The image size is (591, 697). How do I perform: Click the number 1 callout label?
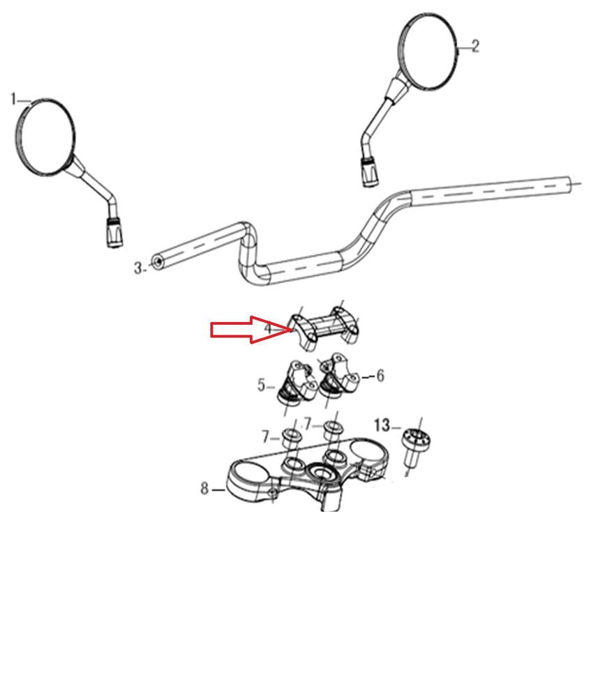click(x=13, y=99)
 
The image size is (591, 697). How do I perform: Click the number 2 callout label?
click(x=475, y=46)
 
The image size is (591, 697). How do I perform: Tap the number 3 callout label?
click(x=138, y=268)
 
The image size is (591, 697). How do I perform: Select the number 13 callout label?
click(x=382, y=425)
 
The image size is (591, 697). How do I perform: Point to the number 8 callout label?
click(x=204, y=488)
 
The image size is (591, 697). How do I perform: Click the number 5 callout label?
click(x=262, y=385)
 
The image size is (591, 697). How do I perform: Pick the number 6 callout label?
click(x=380, y=376)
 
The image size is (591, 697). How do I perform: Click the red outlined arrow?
click(x=251, y=330)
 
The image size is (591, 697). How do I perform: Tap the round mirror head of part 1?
click(x=45, y=136)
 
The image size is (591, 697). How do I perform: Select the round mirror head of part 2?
click(x=428, y=52)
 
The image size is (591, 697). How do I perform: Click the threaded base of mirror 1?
click(x=114, y=231)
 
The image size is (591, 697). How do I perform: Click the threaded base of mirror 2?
click(x=369, y=171)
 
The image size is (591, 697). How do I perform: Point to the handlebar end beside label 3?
click(x=157, y=262)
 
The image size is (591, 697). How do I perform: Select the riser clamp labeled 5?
click(x=296, y=382)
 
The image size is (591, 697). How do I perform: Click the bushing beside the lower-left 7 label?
click(x=290, y=438)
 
